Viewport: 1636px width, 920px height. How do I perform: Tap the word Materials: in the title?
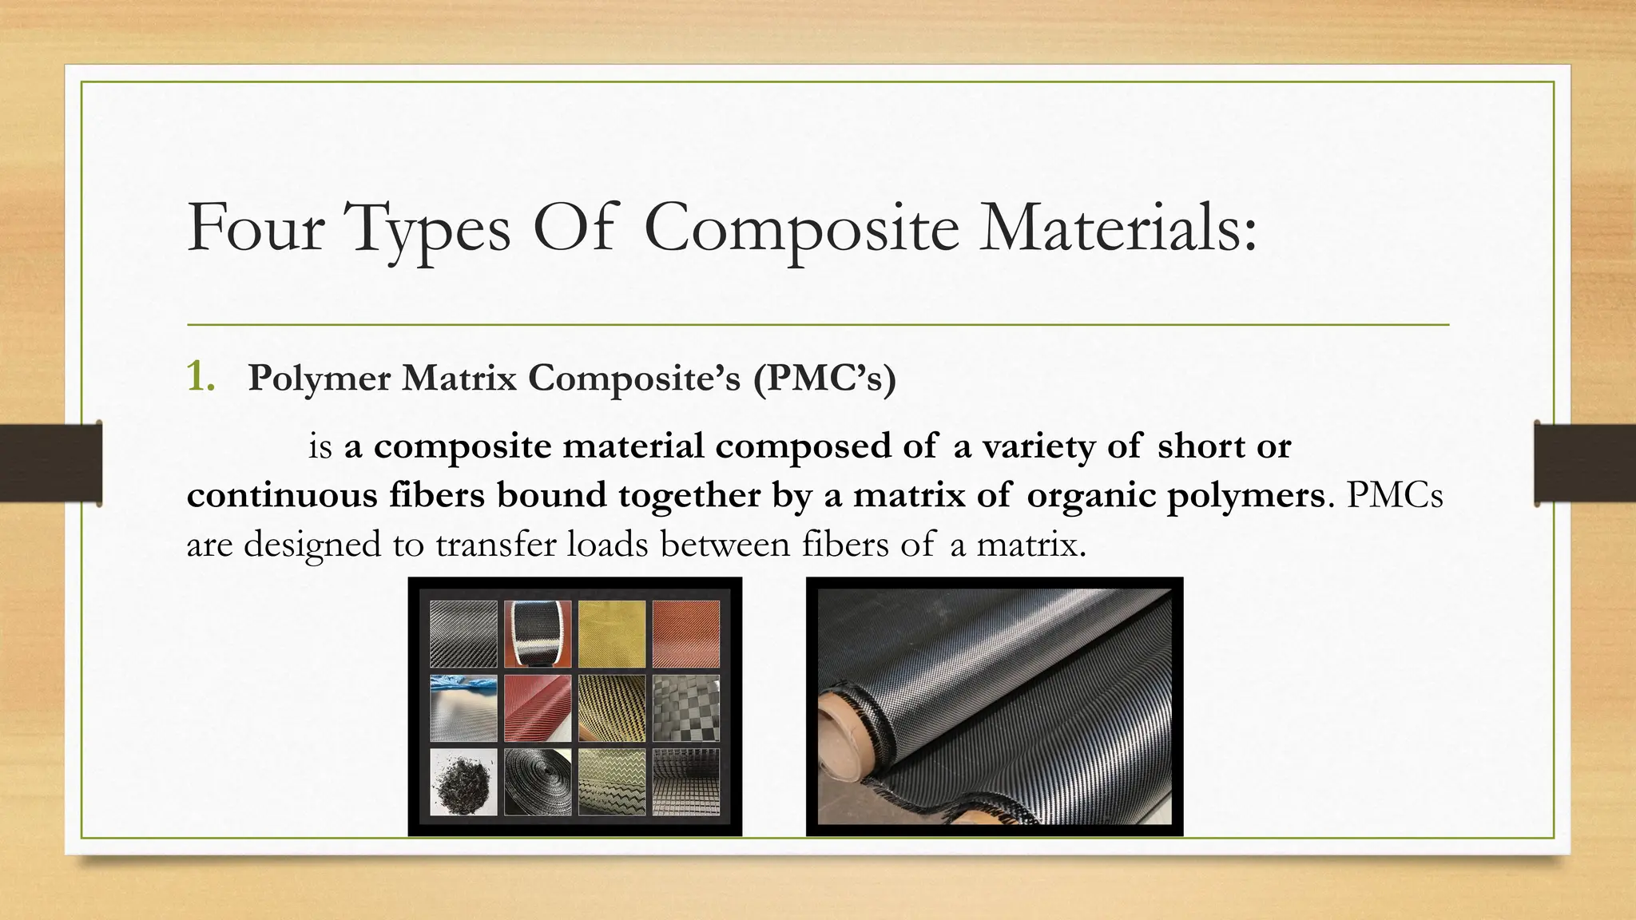1118,228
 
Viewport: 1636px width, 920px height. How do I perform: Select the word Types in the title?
429,229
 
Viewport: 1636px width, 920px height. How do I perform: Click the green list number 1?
200,377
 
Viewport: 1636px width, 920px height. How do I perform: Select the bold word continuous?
282,495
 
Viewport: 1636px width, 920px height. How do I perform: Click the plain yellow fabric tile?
611,634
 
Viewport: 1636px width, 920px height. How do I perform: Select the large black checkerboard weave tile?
686,708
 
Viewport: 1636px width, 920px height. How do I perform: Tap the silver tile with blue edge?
463,708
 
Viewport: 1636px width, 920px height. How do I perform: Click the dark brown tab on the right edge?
1585,463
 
